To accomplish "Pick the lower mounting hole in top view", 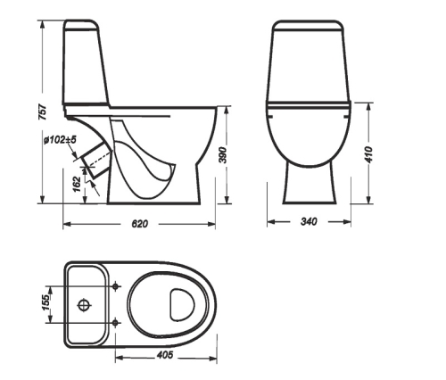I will click(117, 321).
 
